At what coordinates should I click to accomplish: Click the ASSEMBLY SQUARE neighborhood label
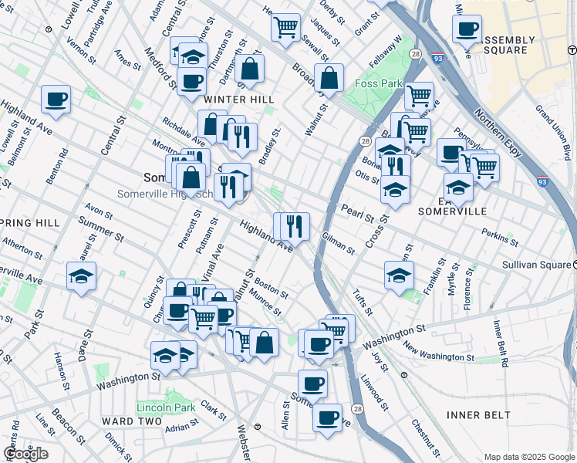(510, 45)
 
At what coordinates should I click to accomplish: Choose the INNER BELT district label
(478, 415)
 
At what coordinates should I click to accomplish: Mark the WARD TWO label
(131, 421)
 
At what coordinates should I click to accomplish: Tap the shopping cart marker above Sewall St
(285, 27)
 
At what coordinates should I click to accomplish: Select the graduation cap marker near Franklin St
(399, 274)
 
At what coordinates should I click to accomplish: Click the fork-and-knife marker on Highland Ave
(294, 226)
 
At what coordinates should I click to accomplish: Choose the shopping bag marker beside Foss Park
(329, 78)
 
